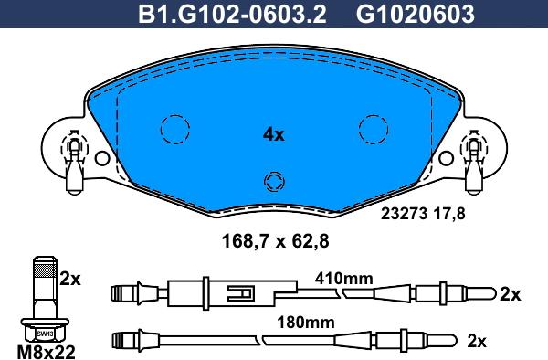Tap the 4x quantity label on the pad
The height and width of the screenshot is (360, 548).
click(274, 134)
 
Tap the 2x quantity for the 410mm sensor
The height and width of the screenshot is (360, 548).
click(510, 294)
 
